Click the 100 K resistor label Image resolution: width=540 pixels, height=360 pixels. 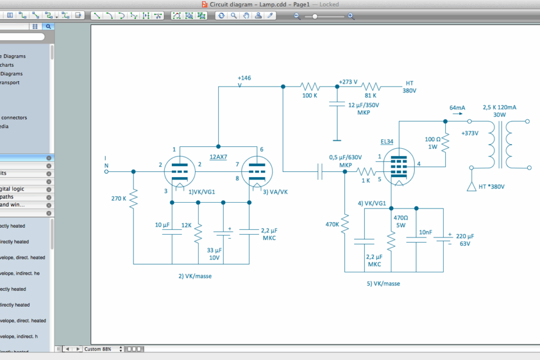(309, 95)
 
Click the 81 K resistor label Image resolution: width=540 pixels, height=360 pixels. (370, 95)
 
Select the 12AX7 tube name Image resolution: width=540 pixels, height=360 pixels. (218, 157)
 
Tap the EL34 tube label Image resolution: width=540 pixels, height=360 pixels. (387, 141)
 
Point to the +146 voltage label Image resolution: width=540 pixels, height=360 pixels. (244, 78)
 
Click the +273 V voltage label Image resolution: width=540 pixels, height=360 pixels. (348, 82)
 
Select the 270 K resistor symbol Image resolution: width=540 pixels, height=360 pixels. (134, 199)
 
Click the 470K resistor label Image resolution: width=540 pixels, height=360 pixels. (332, 224)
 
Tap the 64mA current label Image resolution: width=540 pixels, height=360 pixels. (457, 108)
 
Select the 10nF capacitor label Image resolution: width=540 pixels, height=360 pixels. (426, 232)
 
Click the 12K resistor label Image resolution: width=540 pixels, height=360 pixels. (186, 225)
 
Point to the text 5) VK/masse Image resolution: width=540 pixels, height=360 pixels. (383, 284)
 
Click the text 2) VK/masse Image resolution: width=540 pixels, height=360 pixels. (195, 276)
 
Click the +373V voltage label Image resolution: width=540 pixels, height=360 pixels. (469, 133)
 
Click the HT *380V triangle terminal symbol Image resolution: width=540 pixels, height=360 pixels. (472, 186)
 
